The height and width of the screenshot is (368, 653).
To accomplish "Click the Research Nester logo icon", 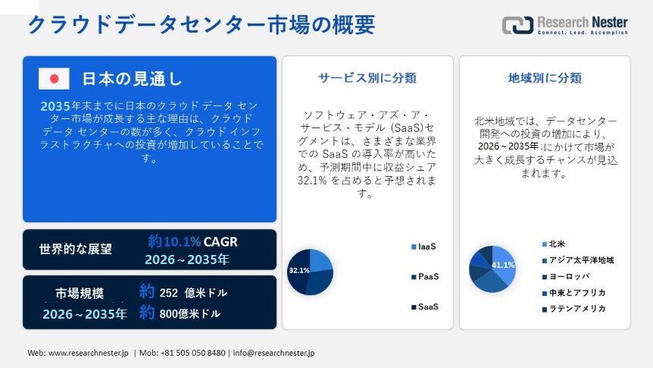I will click(517, 24).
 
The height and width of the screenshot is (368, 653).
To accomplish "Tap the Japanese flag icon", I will click(54, 78).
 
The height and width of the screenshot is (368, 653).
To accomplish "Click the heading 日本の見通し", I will click(132, 79).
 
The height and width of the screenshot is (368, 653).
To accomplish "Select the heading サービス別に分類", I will click(367, 77).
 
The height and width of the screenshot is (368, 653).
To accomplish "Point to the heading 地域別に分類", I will click(545, 77).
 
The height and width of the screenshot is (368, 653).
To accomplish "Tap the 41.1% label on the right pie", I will click(503, 265).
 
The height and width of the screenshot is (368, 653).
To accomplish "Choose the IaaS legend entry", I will click(427, 247).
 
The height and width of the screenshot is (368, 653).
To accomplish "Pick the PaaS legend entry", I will click(428, 277).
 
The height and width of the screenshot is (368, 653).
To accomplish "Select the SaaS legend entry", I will click(428, 307).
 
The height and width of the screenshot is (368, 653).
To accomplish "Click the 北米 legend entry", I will click(557, 244).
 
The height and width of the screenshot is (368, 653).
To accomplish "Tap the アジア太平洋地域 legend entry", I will click(581, 260).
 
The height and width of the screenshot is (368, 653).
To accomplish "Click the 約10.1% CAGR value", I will click(192, 242).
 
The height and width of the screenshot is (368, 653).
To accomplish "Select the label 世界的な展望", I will click(76, 248).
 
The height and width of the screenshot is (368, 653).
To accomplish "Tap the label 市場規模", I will click(80, 293).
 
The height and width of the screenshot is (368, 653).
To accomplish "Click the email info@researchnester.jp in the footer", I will click(273, 353).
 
